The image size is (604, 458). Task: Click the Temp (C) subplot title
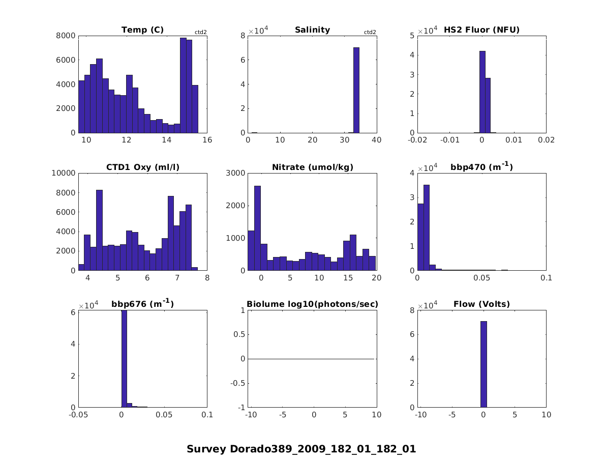click(x=142, y=30)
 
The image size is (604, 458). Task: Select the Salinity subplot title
click(x=312, y=30)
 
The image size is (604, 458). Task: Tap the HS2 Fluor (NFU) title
click(x=481, y=30)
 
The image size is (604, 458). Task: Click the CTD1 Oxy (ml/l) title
click(x=142, y=167)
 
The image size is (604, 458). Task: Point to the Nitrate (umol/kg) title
click(x=312, y=167)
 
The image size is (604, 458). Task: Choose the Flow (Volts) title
click(x=481, y=304)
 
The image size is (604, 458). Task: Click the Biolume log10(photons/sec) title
click(x=312, y=304)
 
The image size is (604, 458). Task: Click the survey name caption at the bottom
click(x=301, y=449)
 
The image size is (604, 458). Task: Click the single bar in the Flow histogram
click(x=483, y=364)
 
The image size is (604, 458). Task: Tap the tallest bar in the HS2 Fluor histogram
click(x=482, y=92)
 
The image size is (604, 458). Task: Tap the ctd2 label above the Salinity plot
click(x=370, y=33)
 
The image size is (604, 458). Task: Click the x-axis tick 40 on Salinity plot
click(x=376, y=140)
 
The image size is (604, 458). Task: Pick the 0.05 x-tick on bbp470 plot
click(x=481, y=277)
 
